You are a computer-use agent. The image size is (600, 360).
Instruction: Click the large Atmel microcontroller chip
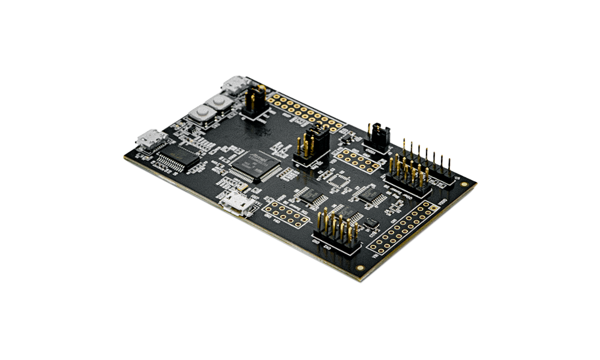click(256, 163)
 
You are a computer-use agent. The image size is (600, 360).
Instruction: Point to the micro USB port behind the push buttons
click(235, 86)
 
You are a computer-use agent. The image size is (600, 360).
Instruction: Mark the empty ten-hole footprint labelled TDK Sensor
click(281, 212)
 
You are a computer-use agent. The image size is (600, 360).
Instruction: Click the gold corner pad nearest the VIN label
click(359, 268)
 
